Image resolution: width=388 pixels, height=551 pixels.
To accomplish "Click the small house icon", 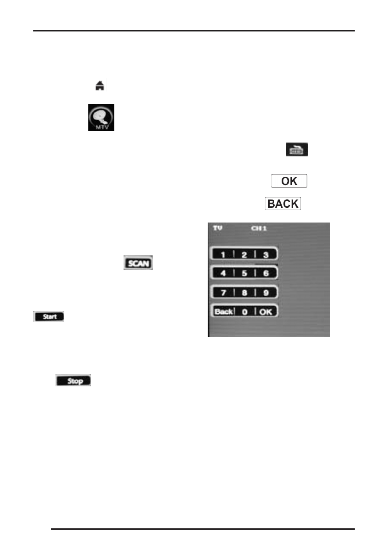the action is pyautogui.click(x=99, y=86).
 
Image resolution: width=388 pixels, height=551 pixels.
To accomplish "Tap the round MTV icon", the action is pyautogui.click(x=101, y=117).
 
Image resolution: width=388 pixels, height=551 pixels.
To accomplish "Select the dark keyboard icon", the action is pyautogui.click(x=296, y=149).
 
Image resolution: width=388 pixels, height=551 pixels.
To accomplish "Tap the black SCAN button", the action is pyautogui.click(x=138, y=263).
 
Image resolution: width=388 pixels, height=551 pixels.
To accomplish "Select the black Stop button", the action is pyautogui.click(x=74, y=381).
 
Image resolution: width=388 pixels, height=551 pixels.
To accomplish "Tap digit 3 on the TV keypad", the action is pyautogui.click(x=266, y=254).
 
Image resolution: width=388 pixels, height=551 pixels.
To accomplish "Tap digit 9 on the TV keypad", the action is pyautogui.click(x=266, y=292).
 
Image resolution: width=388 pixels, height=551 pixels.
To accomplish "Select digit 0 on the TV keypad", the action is pyautogui.click(x=245, y=311).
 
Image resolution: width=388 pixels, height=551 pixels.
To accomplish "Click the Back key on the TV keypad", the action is pyautogui.click(x=223, y=311).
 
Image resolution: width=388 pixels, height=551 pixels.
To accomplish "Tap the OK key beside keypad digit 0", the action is pyautogui.click(x=266, y=311).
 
